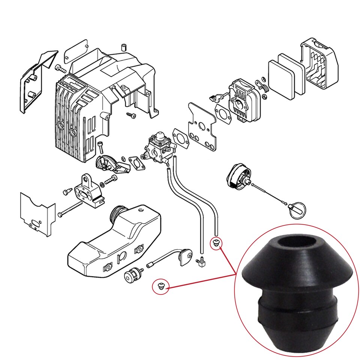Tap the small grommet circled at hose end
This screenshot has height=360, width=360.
point(216,243)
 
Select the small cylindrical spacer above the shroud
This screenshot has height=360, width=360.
point(123,48)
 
